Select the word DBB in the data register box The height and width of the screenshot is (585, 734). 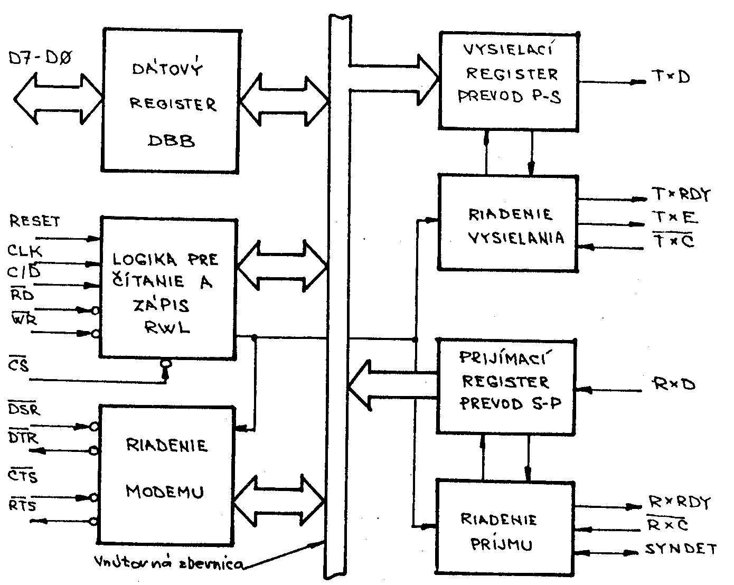172,141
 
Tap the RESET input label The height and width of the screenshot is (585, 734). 35,221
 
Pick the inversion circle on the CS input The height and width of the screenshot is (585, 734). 166,363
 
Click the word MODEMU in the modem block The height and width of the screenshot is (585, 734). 165,492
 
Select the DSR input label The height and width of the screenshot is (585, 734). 25,409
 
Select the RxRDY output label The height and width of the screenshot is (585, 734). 679,502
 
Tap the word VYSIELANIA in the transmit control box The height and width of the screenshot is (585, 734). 508,238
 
